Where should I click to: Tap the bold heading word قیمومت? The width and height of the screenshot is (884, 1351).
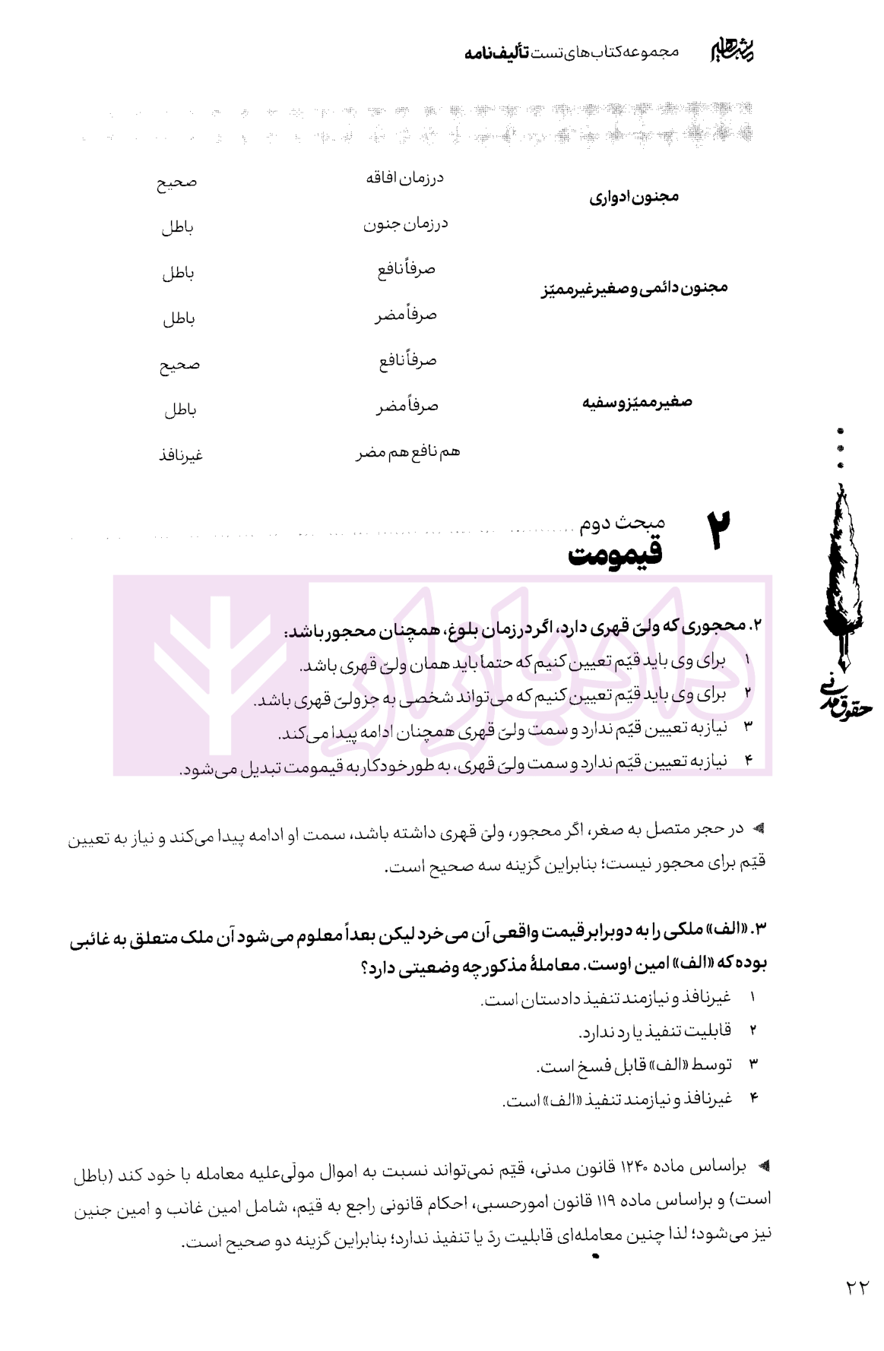[x=615, y=555]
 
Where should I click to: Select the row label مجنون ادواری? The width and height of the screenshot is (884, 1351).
[x=634, y=198]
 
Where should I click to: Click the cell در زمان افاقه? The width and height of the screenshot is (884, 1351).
[x=404, y=179]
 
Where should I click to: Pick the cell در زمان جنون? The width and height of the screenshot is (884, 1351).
[x=404, y=224]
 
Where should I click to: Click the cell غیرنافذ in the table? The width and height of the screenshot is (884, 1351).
[x=180, y=456]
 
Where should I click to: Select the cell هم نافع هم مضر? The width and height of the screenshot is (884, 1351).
[x=408, y=453]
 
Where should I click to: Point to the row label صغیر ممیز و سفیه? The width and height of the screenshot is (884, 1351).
[x=637, y=403]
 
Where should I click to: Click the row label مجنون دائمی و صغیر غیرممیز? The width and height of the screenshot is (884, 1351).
[x=635, y=289]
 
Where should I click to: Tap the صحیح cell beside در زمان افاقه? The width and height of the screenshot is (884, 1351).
[x=177, y=182]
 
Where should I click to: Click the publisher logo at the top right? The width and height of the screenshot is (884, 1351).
[x=735, y=50]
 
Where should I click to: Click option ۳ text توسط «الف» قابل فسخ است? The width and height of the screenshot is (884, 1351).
[x=634, y=1065]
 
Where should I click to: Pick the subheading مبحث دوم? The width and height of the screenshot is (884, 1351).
[x=622, y=523]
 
